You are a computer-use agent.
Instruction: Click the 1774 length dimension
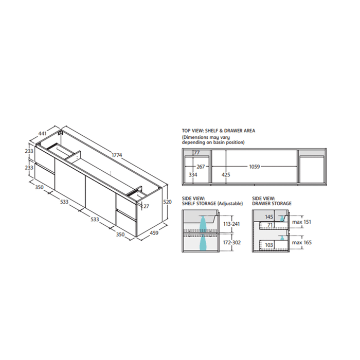tap(117, 155)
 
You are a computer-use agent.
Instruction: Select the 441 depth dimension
tap(42, 133)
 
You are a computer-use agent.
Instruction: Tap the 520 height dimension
tap(167, 202)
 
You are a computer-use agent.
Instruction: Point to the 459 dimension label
tap(154, 233)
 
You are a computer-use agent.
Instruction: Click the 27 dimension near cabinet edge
tap(146, 206)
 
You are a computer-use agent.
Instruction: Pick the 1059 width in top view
tap(255, 167)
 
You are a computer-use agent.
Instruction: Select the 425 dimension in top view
tap(226, 175)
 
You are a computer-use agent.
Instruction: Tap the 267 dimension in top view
tap(201, 167)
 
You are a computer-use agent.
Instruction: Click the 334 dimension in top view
tap(193, 175)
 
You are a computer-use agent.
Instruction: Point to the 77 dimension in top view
tap(197, 153)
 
